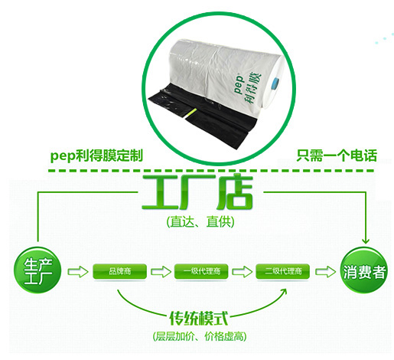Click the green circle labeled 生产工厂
pos(37,270)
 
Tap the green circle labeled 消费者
pos(364,270)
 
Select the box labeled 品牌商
pos(119,271)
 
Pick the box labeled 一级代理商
pos(201,271)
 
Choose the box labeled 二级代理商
pos(283,271)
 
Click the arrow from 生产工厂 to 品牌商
pos(77,271)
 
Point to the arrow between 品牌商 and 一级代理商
pos(161,271)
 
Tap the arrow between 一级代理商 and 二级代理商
pos(243,271)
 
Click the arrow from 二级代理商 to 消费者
pos(325,271)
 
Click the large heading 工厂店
pos(197,191)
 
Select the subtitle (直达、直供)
pos(200,221)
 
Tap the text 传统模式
pos(199,318)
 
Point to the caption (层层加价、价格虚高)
pos(200,336)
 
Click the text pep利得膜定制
pos(96,155)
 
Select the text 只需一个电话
pos(337,155)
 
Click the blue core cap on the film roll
pos(275,84)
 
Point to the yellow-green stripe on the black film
pos(190,113)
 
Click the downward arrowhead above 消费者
pos(366,241)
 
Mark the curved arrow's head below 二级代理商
pos(284,293)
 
